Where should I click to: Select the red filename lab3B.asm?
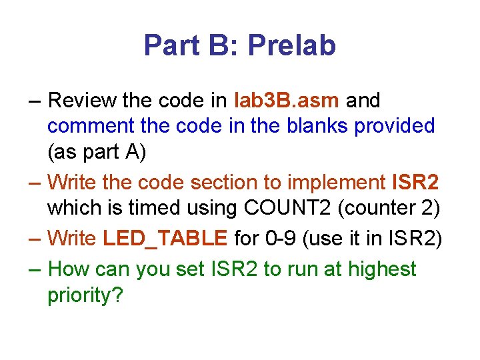pyautogui.click(x=288, y=101)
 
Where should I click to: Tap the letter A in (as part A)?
pyautogui.click(x=138, y=153)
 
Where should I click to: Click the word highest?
pyautogui.click(x=387, y=269)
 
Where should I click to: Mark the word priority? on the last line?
pyautogui.click(x=85, y=295)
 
